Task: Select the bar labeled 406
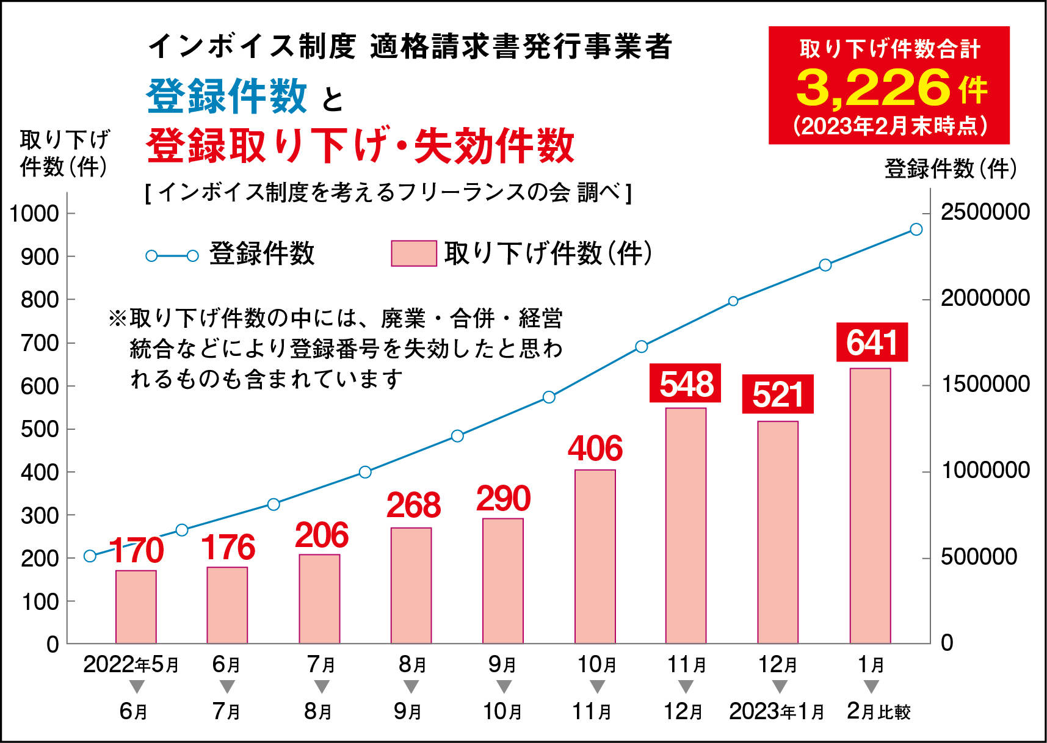coord(595,556)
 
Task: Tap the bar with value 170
coord(136,607)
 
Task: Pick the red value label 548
coord(686,383)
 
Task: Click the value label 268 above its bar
coord(413,505)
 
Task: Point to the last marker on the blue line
coord(916,229)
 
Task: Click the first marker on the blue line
coord(90,556)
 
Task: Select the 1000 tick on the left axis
coord(34,214)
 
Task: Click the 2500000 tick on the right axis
coord(984,212)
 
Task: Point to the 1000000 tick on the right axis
coord(984,470)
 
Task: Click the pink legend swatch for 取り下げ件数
coord(413,253)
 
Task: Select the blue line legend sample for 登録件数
coord(172,256)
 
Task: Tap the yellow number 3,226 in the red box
coord(873,87)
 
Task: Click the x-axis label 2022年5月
coord(131,664)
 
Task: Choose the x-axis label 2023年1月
coord(776,711)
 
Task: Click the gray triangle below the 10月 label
coord(597,687)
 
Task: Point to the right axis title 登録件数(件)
coord(950,169)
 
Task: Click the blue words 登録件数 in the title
coord(226,96)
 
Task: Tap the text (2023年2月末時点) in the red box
coord(889,126)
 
